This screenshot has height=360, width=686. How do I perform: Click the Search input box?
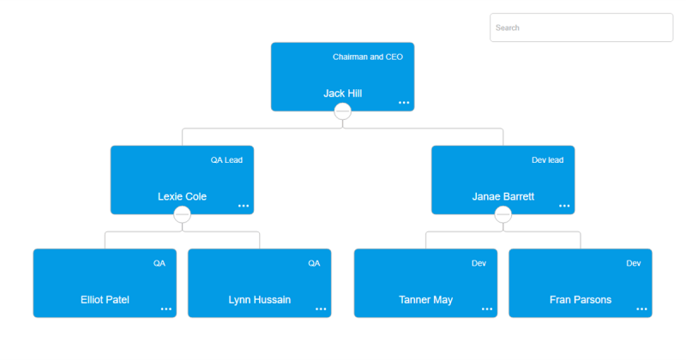tap(581, 27)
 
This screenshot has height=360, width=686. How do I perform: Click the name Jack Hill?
tap(342, 93)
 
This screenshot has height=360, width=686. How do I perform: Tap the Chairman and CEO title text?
tap(367, 57)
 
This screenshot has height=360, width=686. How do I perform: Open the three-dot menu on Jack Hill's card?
tap(404, 103)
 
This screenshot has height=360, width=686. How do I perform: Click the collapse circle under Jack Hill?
tap(342, 111)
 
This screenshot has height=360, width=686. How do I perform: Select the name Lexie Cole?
tap(182, 196)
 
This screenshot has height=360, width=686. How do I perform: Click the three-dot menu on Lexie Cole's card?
tap(244, 206)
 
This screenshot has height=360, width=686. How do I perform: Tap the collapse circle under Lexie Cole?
tap(182, 214)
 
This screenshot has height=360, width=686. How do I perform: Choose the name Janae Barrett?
tap(502, 196)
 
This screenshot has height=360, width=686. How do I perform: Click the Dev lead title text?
tap(547, 159)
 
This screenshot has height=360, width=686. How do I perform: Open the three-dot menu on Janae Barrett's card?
tap(564, 206)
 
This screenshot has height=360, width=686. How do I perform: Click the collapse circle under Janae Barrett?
tap(502, 214)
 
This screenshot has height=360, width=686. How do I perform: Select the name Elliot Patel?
tap(105, 300)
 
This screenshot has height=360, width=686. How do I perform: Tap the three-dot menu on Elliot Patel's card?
tap(166, 309)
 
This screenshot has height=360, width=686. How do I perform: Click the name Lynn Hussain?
tap(259, 300)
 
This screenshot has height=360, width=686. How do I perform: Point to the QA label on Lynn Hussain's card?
tap(314, 263)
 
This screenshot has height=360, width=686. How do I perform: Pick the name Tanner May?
tap(425, 300)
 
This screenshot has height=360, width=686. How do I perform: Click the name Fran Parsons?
tap(580, 300)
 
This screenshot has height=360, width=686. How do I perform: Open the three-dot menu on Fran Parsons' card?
tap(641, 309)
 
